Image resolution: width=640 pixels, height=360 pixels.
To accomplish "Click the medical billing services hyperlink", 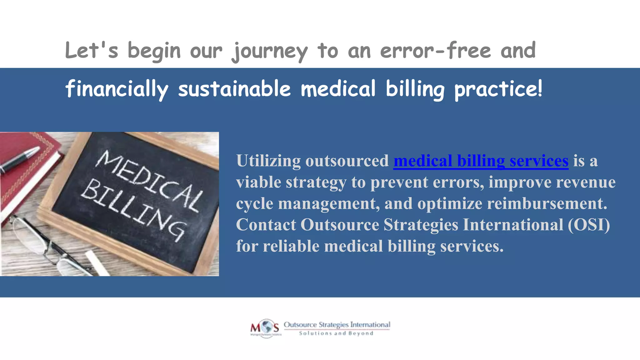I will (481, 161).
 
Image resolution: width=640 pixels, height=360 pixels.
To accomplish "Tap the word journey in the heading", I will (270, 51).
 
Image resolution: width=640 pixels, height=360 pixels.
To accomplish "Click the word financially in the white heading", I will (117, 89).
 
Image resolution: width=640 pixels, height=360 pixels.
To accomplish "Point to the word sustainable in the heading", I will (234, 89).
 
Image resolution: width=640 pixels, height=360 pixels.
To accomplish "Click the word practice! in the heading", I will (498, 89).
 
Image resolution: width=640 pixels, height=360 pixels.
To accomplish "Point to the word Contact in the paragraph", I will (266, 225).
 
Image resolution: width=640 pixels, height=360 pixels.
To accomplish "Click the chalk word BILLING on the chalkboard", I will (133, 209).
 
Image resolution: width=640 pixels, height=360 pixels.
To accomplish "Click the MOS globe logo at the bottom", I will (265, 328).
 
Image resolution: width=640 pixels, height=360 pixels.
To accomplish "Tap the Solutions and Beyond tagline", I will (336, 333).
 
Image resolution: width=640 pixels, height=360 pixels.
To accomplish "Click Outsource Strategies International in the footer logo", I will (337, 325).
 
